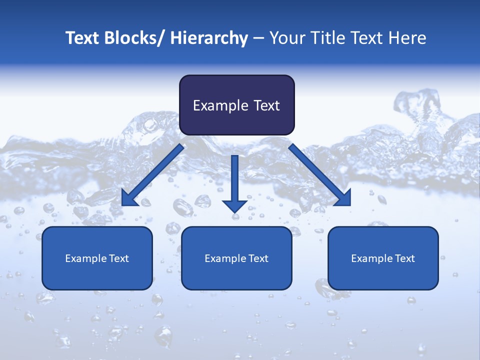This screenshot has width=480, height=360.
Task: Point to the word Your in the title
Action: [x=287, y=38]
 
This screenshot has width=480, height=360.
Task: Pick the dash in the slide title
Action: [x=258, y=38]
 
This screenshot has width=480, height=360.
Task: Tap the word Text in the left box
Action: [x=117, y=258]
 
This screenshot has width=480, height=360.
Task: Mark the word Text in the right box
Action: [x=403, y=258]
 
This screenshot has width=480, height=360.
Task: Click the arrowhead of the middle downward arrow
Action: [x=235, y=205]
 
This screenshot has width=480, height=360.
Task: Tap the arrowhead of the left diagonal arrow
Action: [x=128, y=199]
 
